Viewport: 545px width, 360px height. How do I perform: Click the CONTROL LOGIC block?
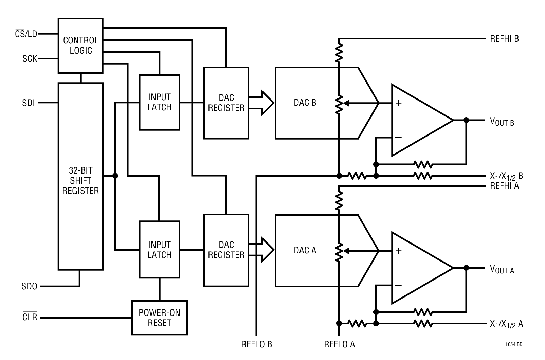80,46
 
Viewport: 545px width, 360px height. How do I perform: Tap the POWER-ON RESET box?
159,318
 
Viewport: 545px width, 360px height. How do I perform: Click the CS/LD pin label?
26,34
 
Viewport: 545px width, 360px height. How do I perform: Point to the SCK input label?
30,59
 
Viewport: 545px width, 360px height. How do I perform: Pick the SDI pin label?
29,103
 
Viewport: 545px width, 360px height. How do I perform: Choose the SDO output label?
30,286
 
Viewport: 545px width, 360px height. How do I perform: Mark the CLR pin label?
30,318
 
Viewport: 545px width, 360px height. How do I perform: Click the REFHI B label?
504,39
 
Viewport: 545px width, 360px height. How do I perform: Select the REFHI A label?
504,186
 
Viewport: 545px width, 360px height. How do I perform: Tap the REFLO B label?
256,344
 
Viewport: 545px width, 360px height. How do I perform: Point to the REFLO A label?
339,344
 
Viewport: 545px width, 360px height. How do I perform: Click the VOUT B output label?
502,121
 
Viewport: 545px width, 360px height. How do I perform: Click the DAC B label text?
305,103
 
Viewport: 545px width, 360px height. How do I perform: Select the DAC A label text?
305,250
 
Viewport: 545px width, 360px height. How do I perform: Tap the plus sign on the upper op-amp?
399,103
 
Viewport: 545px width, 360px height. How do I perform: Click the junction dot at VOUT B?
466,120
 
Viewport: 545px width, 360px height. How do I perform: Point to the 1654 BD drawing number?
513,344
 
